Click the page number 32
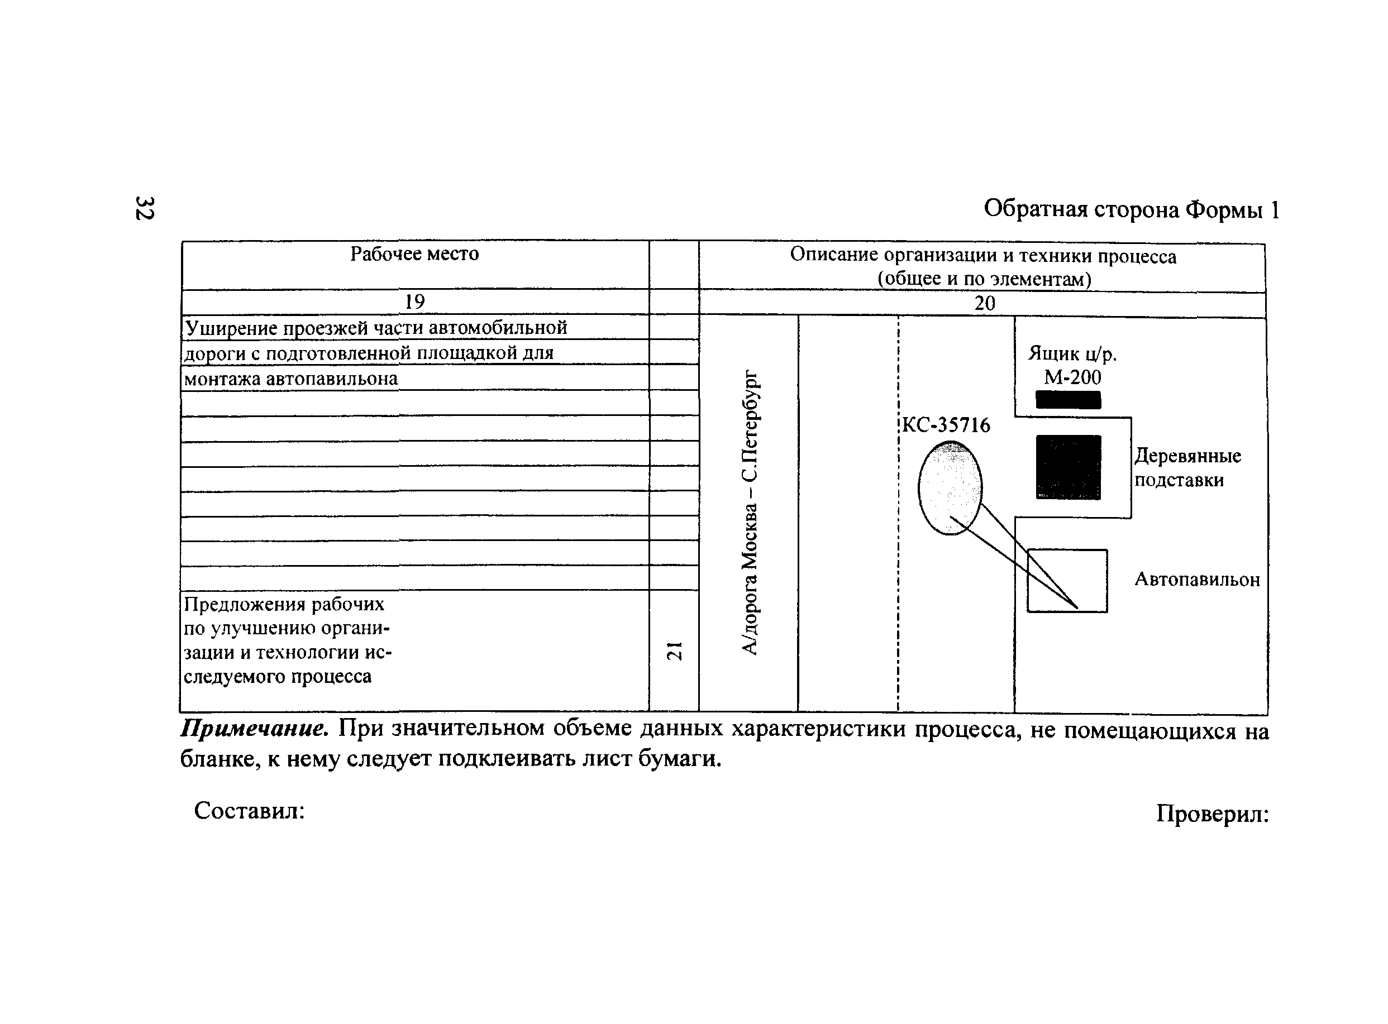point(145,208)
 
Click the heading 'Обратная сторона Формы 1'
point(1131,210)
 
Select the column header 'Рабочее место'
point(414,254)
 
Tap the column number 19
point(414,302)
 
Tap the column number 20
point(984,304)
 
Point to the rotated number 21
point(674,651)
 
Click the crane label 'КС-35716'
point(946,425)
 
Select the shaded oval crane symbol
point(950,487)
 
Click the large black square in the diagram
point(1068,467)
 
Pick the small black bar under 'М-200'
point(1068,400)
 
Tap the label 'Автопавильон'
point(1196,580)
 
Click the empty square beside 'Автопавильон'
point(1067,581)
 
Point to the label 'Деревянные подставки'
point(1187,468)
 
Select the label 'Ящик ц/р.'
point(1072,353)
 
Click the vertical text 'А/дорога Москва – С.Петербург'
point(750,513)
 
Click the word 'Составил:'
point(249,811)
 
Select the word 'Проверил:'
point(1212,814)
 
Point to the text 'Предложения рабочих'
point(284,604)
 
